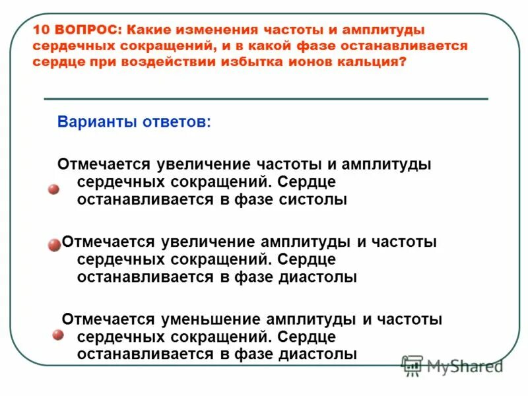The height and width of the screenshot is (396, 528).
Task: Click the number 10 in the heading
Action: (x=42, y=30)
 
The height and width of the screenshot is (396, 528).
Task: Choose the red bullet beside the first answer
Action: (x=53, y=189)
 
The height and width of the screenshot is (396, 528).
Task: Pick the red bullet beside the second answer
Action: (x=53, y=246)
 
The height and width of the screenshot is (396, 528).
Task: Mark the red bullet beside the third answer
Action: (x=57, y=335)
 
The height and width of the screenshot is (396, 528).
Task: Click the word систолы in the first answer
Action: (x=313, y=200)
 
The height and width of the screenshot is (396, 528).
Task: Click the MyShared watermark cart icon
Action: (x=412, y=365)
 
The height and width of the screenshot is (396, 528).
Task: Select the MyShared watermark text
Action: (x=465, y=365)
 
